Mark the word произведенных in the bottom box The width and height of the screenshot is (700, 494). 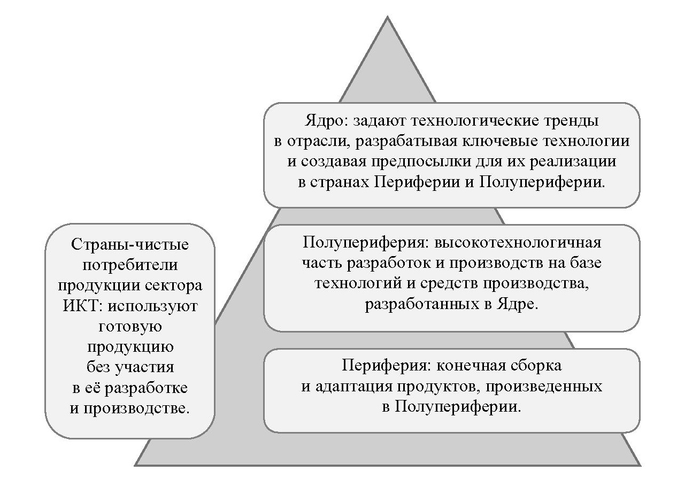[x=550, y=387]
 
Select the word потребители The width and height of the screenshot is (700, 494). [x=130, y=266]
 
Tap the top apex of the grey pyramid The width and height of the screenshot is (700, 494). [x=387, y=18]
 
